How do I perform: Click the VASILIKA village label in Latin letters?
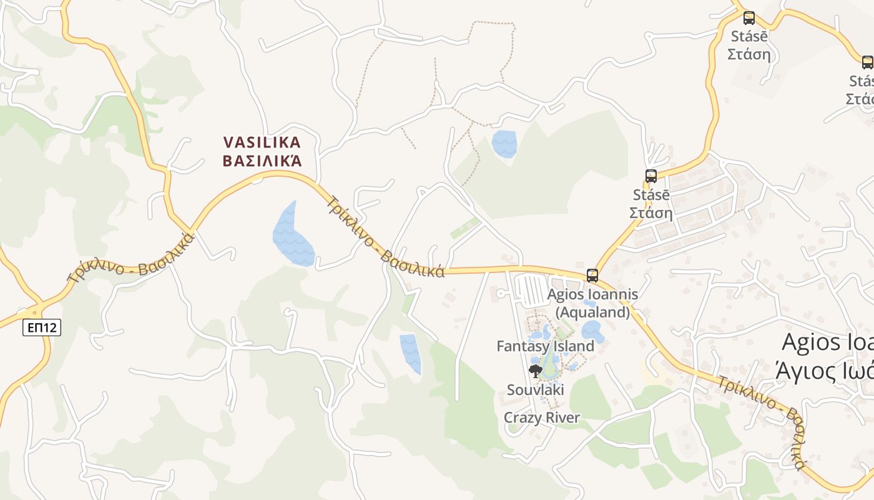[262, 142]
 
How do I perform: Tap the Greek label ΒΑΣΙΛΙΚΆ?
[262, 161]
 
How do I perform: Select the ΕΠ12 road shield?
[42, 327]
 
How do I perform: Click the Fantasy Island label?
[545, 346]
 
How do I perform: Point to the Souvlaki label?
[535, 390]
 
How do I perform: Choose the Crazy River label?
[541, 417]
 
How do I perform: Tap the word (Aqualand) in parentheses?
[592, 312]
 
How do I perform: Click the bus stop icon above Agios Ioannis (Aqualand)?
[592, 275]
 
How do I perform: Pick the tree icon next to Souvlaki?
[535, 371]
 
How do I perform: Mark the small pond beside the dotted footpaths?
[504, 144]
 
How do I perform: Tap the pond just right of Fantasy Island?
[592, 331]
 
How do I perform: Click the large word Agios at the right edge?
[812, 342]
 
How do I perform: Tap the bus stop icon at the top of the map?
[749, 18]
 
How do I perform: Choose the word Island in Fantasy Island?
[572, 346]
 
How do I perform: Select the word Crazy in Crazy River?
[523, 417]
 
